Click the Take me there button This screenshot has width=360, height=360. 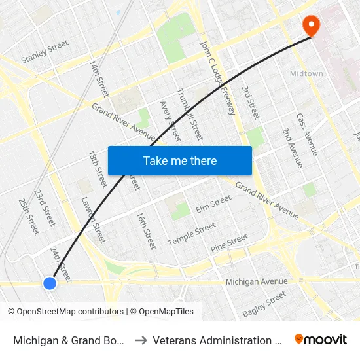(180, 160)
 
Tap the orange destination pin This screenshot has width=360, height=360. (310, 26)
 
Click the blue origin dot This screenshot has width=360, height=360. (50, 283)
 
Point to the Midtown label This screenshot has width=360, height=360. (306, 73)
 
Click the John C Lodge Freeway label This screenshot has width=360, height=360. (218, 75)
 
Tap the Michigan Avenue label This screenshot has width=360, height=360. (257, 281)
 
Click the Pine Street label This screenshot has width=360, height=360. (229, 243)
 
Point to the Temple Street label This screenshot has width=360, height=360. (192, 234)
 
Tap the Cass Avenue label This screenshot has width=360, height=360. (307, 134)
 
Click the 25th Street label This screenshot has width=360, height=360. (29, 216)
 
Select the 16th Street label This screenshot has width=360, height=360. (146, 230)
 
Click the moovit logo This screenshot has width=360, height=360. (321, 340)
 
